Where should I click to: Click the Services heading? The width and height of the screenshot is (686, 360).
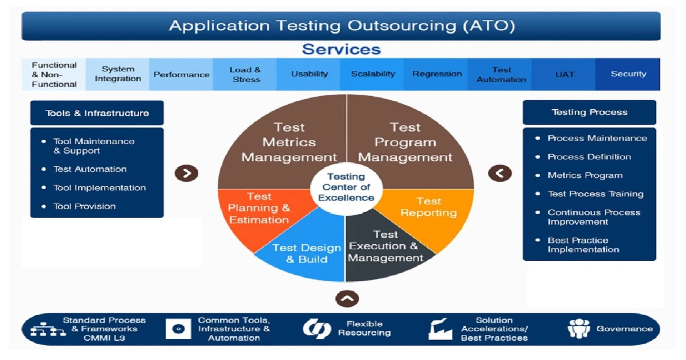point(341,49)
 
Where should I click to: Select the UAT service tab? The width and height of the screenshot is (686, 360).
point(565,74)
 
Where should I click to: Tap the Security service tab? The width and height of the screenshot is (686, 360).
point(628,74)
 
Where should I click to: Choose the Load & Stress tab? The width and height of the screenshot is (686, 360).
point(245,74)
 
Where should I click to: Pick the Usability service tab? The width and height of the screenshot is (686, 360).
point(309,74)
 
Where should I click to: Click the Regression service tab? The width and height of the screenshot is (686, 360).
point(437,74)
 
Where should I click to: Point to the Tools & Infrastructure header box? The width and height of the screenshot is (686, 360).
point(97,113)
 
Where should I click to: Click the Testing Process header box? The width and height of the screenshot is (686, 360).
point(589,112)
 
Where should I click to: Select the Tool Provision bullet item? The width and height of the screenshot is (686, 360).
point(84,206)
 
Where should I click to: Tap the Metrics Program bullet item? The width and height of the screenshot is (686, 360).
point(585,175)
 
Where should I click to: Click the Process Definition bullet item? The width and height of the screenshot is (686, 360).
point(589,157)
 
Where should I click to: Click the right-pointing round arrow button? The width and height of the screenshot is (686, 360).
point(187,173)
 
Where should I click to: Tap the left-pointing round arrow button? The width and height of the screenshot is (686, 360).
point(500,173)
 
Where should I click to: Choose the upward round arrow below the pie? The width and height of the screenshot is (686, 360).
point(347,299)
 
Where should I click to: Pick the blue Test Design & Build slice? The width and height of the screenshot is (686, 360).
point(307,254)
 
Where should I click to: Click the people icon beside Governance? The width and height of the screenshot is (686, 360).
point(578,328)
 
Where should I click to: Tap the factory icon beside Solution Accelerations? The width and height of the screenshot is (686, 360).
point(440,329)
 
